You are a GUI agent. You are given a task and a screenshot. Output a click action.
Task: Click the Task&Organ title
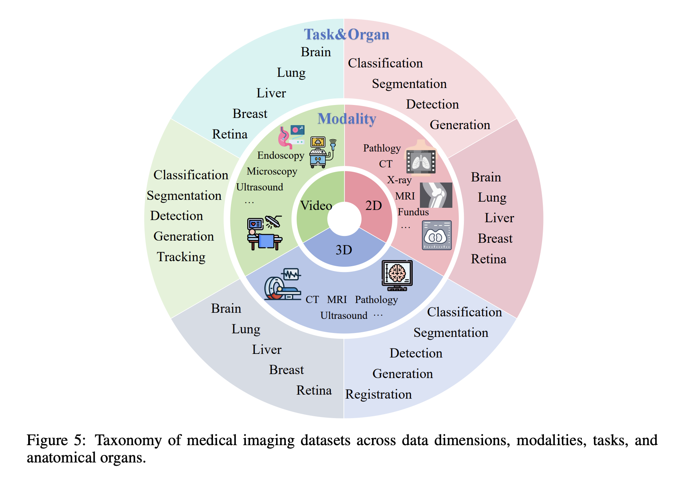(346, 35)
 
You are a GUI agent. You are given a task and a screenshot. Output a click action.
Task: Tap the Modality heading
(347, 119)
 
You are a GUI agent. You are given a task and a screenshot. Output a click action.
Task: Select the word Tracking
(181, 257)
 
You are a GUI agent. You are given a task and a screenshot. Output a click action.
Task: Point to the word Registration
(378, 394)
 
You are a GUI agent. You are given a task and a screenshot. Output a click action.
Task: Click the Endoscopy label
(281, 155)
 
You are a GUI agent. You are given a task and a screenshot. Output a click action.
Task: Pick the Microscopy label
(272, 171)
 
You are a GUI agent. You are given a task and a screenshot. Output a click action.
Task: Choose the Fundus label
(413, 212)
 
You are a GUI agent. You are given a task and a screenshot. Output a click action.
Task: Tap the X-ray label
(399, 180)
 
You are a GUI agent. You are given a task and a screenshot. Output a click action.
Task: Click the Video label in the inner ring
(316, 206)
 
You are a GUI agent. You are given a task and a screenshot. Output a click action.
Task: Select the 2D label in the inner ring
(373, 206)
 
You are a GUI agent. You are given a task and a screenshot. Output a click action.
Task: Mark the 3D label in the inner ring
(343, 250)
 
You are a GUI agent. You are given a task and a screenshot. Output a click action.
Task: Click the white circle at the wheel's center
(344, 219)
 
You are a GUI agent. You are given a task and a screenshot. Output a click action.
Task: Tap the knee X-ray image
(436, 195)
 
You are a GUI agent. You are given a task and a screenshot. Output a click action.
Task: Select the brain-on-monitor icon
(397, 275)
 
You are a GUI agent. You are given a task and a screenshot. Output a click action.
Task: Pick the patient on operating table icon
(265, 233)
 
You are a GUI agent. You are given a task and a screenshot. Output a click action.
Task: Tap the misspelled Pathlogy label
(382, 148)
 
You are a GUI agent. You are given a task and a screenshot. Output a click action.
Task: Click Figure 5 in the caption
(56, 440)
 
